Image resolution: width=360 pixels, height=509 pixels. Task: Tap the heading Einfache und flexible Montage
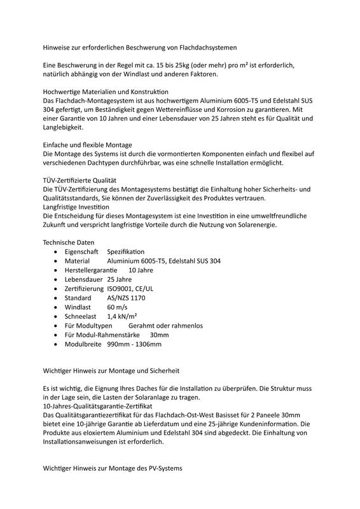pyautogui.click(x=88, y=145)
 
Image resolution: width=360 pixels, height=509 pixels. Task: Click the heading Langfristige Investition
pyautogui.click(x=76, y=207)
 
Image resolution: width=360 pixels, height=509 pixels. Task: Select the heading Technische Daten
pyautogui.click(x=69, y=242)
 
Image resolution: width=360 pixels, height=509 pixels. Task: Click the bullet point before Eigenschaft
pyautogui.click(x=59, y=252)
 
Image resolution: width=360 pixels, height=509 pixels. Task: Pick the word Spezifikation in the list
pyautogui.click(x=126, y=252)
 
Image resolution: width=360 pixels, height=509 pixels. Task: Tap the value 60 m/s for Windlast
pyautogui.click(x=118, y=307)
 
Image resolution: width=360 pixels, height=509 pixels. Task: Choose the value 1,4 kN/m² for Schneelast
pyautogui.click(x=123, y=316)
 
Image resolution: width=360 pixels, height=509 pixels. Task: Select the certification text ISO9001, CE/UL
pyautogui.click(x=134, y=289)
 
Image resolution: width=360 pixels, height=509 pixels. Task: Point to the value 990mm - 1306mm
pyautogui.click(x=134, y=344)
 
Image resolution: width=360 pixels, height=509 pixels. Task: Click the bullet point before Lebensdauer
pyautogui.click(x=59, y=279)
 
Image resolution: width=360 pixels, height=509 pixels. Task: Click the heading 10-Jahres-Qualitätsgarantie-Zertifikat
pyautogui.click(x=97, y=405)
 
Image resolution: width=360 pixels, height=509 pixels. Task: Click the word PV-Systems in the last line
pyautogui.click(x=163, y=468)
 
